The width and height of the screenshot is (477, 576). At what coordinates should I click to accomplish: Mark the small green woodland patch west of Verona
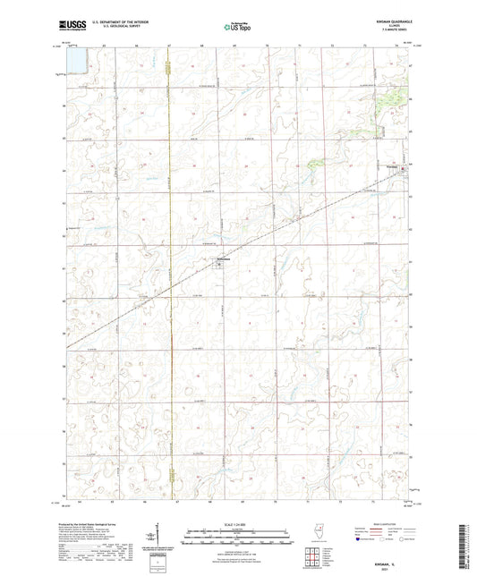tap(312, 163)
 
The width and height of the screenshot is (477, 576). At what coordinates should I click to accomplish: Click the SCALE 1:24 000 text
tap(238, 525)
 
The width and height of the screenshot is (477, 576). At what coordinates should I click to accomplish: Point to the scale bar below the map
tap(238, 538)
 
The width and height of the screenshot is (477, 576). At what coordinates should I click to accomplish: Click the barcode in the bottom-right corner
tap(464, 546)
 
